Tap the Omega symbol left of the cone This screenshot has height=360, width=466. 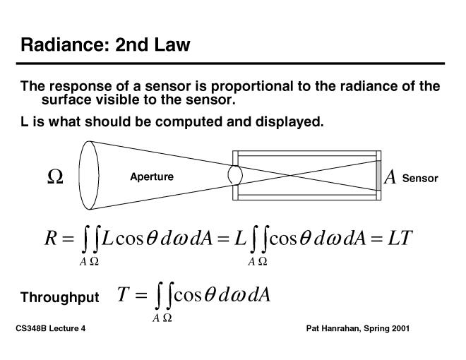[55, 177]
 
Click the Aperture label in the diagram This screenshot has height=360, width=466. [151, 176]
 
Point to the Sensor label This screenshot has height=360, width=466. [420, 178]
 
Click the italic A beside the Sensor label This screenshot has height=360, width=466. [390, 177]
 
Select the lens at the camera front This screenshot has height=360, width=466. [236, 173]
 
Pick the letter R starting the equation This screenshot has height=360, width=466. [50, 238]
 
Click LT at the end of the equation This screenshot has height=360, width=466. [400, 238]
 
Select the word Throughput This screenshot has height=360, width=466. [60, 297]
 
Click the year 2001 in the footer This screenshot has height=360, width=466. [398, 329]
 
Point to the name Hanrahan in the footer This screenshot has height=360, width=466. [342, 329]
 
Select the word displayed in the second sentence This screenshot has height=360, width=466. [290, 122]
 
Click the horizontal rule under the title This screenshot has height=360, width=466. [232, 64]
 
